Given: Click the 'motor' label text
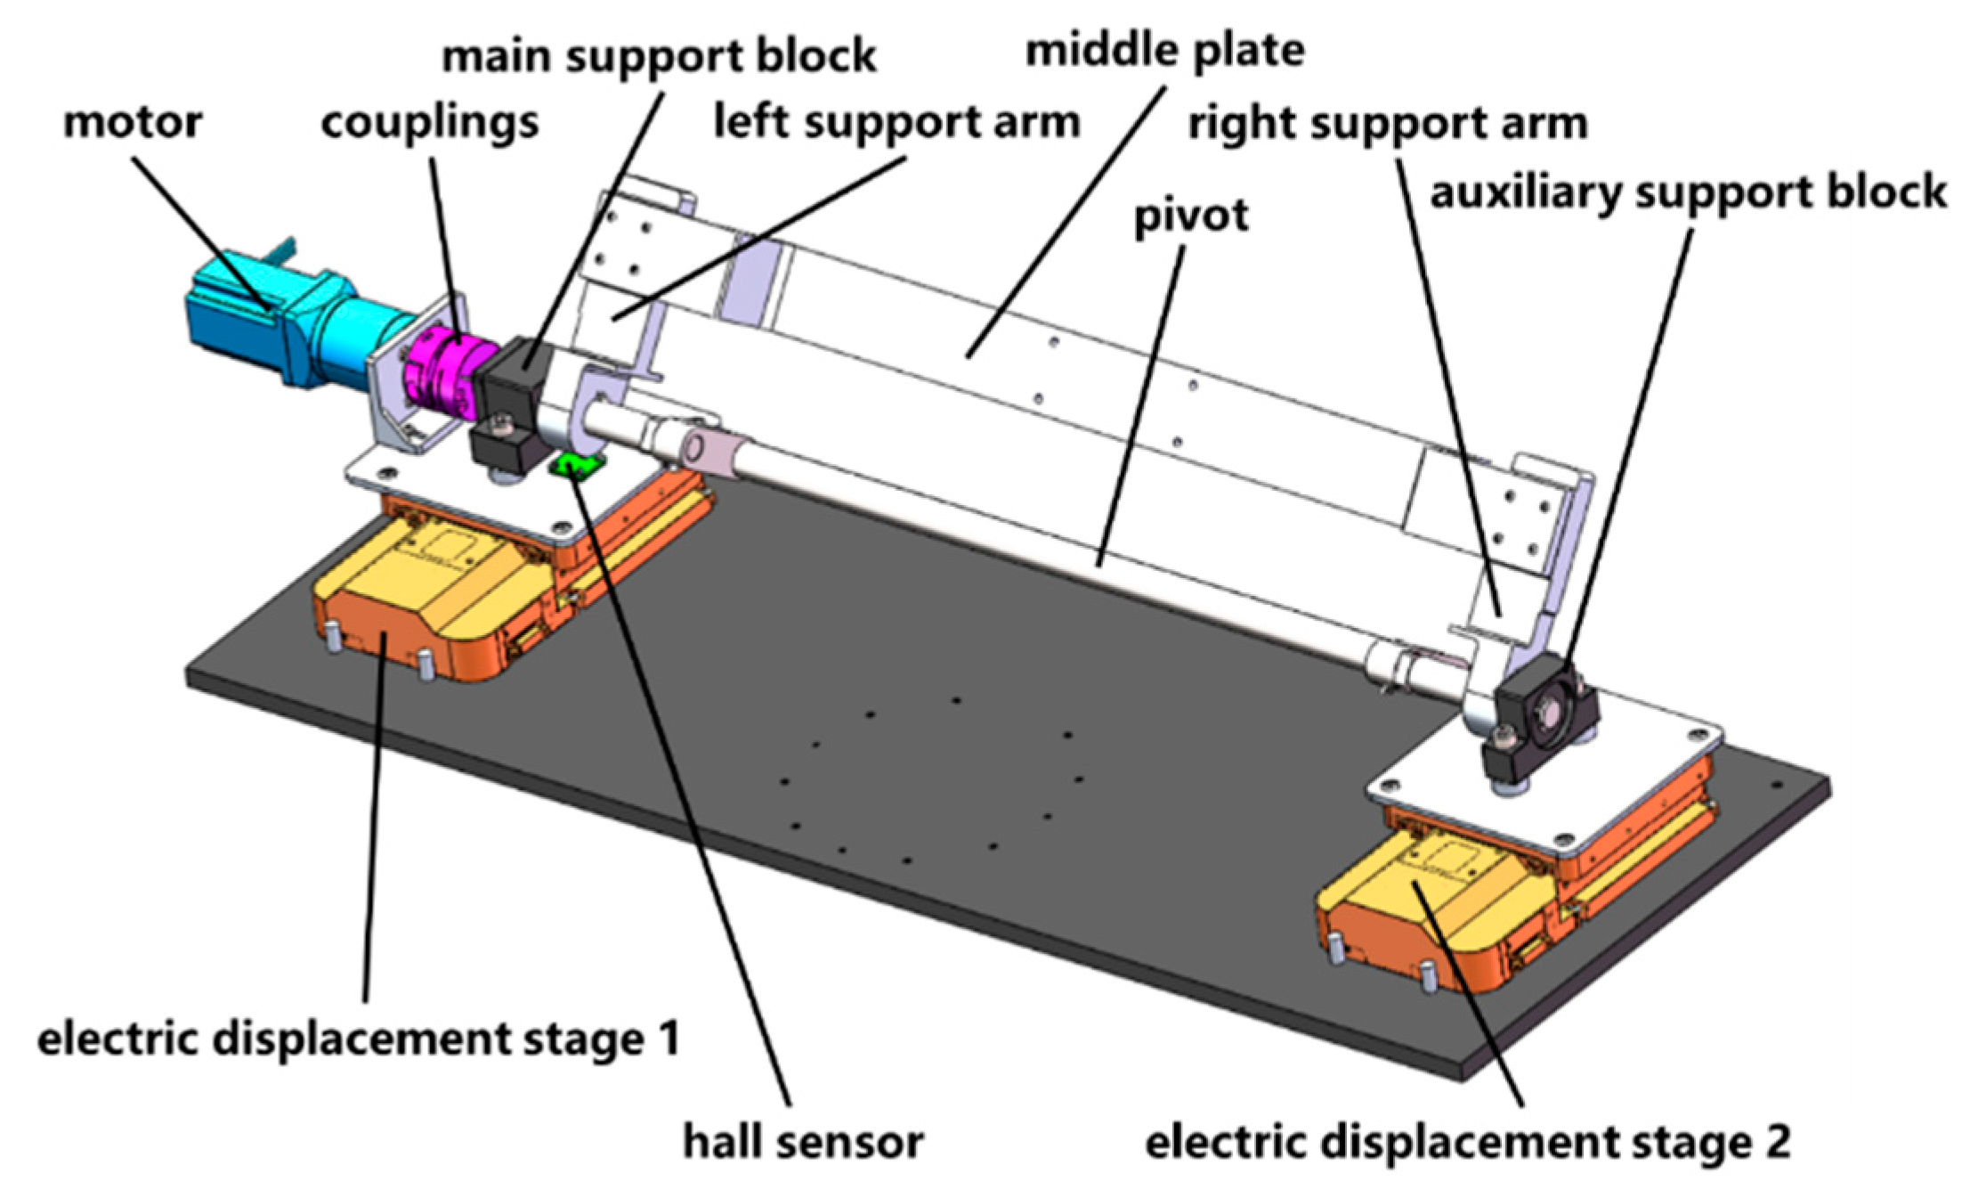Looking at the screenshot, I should click(x=133, y=122).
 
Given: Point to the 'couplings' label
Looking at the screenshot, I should click(x=430, y=122).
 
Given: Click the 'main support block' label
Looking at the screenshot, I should click(x=659, y=56).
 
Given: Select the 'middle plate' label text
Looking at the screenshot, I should click(x=1164, y=51).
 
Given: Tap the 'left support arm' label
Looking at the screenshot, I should click(x=896, y=122).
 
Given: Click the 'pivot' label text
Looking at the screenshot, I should click(x=1191, y=216).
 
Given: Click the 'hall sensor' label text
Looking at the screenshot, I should click(x=803, y=1142).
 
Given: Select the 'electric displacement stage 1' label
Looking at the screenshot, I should click(x=358, y=1039).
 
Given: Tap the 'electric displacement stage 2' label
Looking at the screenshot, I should click(x=1468, y=1142).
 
